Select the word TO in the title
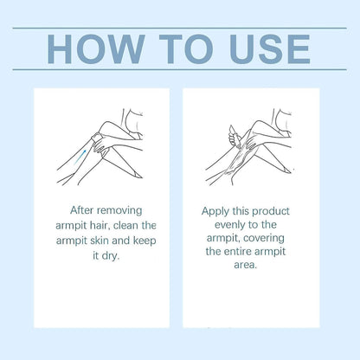(186, 49)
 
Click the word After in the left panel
(82, 210)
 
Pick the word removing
(119, 211)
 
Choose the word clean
(125, 226)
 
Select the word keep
(145, 241)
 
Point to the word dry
(110, 256)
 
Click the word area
(245, 265)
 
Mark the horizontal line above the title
(179, 29)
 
